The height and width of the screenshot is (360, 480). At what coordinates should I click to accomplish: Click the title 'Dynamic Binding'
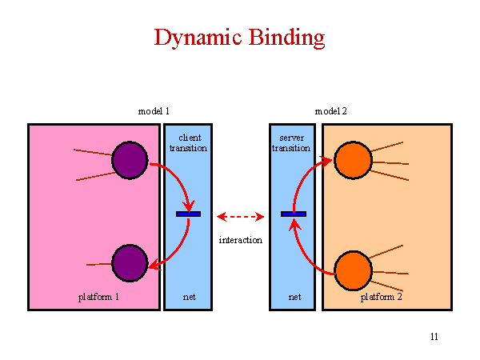(x=239, y=38)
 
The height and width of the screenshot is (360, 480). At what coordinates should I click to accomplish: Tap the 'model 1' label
(x=154, y=111)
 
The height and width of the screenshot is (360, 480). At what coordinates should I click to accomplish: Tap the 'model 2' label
(x=331, y=111)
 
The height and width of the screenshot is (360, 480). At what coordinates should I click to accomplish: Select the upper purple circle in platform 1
(x=130, y=160)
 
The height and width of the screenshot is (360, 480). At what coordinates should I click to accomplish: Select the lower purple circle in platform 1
(x=130, y=263)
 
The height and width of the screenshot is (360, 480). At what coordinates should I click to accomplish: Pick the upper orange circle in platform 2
(x=353, y=160)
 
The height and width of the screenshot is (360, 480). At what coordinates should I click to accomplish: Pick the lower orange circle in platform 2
(x=353, y=270)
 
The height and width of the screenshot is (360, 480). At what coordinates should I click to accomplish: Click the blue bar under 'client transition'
(x=189, y=214)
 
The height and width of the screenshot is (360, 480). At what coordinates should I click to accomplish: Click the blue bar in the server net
(x=294, y=214)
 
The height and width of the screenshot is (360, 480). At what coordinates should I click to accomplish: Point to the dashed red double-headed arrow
(x=240, y=217)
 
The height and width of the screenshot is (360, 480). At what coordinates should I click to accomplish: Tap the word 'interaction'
(x=241, y=240)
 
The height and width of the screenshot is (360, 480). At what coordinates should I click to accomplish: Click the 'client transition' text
(x=189, y=143)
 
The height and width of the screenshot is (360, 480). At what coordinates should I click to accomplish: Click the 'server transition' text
(x=291, y=143)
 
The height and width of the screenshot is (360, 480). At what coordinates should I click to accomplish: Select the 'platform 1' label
(x=98, y=297)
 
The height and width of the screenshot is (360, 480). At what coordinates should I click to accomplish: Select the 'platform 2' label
(x=381, y=297)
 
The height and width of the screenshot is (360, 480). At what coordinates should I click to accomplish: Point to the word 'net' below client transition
(x=190, y=297)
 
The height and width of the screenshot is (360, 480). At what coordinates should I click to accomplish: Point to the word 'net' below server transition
(x=295, y=297)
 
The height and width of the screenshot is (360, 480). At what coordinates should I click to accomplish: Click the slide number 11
(x=434, y=337)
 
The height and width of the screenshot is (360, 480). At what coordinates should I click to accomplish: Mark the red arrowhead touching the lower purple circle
(x=155, y=265)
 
